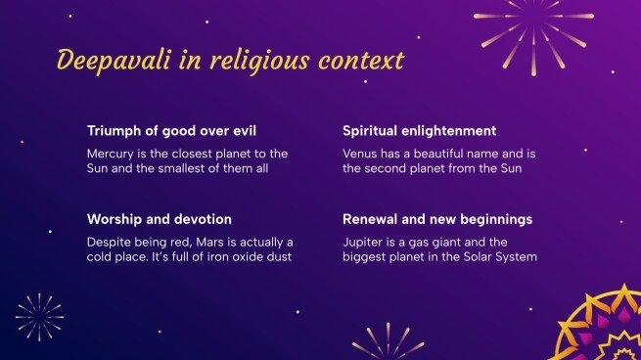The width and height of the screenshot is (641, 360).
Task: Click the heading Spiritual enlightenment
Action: coord(419,130)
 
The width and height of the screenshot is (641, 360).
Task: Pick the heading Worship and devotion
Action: coord(159,219)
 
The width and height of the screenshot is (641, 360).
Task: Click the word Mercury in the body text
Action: coord(112,154)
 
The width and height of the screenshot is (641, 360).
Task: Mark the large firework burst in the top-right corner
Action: coord(533,24)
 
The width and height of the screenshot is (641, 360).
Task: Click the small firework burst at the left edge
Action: coord(39,317)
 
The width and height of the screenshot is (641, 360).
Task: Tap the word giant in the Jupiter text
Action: coord(444,242)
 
